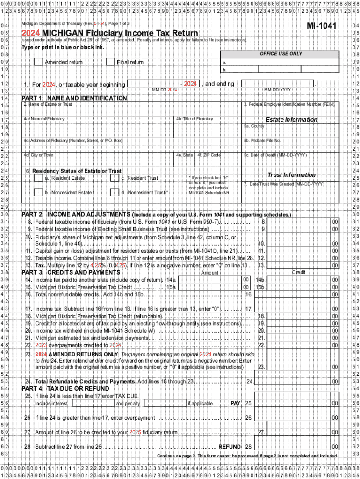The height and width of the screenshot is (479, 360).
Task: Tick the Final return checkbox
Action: (x=110, y=62)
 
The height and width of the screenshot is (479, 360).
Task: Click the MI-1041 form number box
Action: (x=321, y=25)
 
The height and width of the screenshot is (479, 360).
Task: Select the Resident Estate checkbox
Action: (x=38, y=178)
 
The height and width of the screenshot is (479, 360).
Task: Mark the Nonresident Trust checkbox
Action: (x=114, y=192)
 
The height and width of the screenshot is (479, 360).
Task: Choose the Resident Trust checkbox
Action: (x=114, y=178)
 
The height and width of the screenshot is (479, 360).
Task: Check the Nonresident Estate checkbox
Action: (x=38, y=192)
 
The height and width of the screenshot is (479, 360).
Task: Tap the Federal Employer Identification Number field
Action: (x=290, y=111)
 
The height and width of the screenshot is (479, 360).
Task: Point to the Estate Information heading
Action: (x=291, y=119)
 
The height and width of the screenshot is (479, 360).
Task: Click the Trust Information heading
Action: (x=291, y=174)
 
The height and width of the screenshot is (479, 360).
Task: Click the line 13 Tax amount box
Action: (x=299, y=265)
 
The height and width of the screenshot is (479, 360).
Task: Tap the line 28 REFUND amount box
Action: (x=299, y=447)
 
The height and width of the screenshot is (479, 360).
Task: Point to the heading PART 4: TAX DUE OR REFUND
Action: (x=65, y=389)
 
